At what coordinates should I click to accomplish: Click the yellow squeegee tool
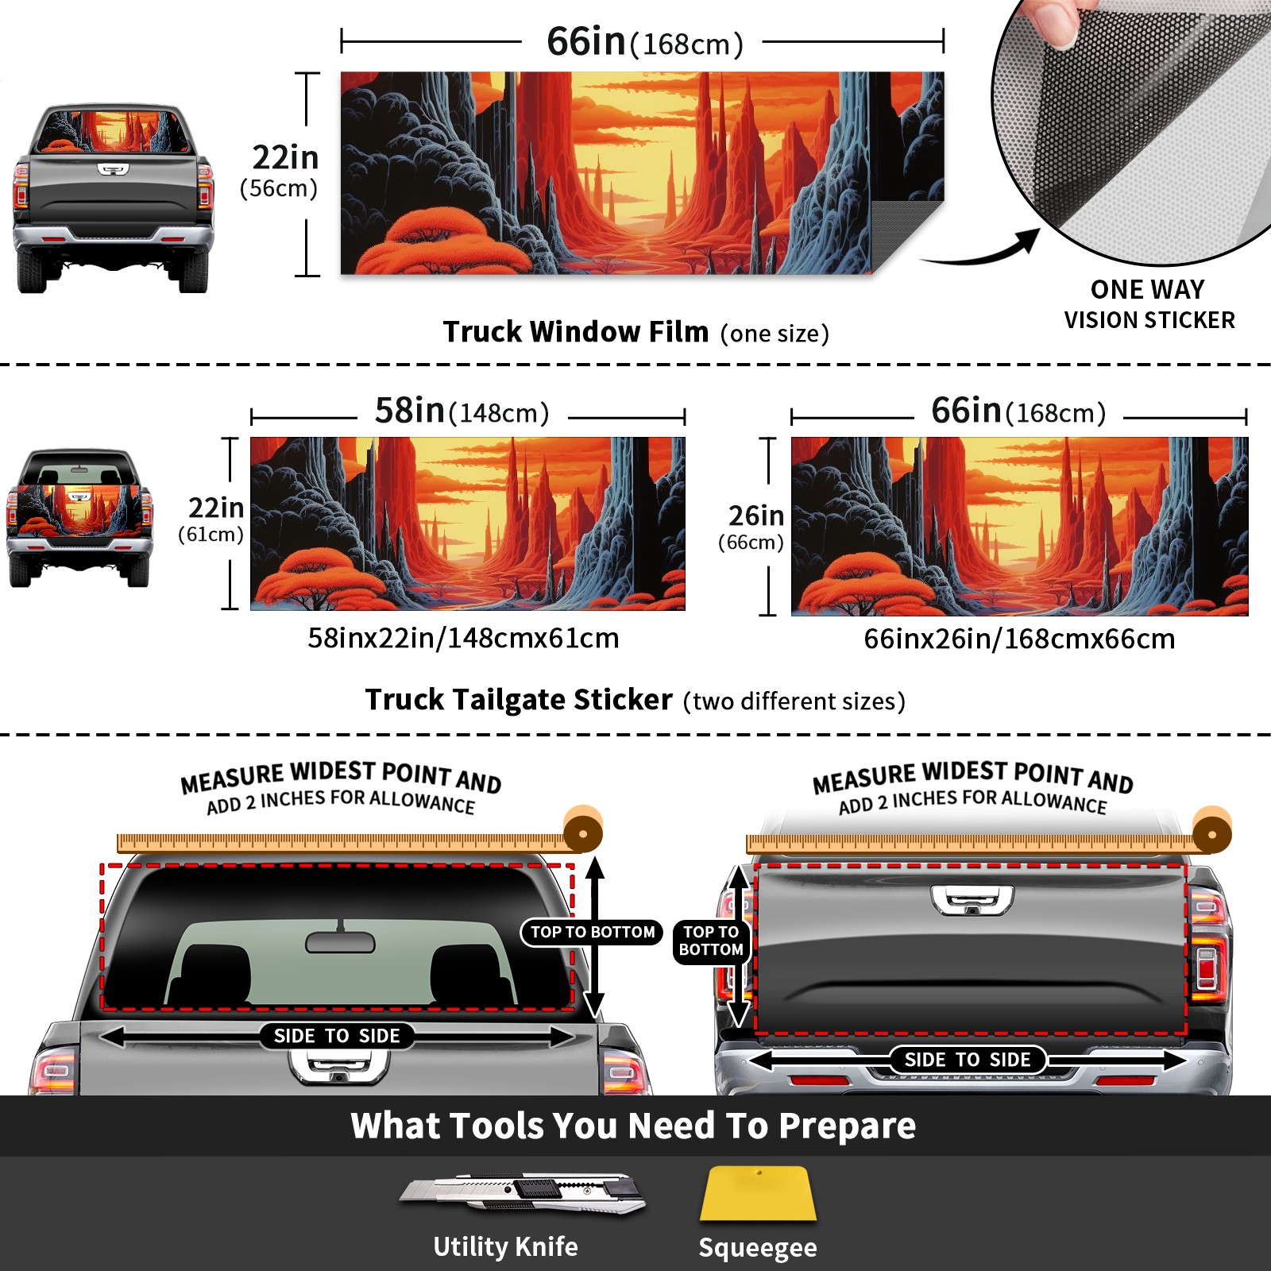click(x=759, y=1194)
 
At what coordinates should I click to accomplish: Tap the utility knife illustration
click(x=523, y=1192)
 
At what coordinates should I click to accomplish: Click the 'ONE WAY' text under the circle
click(x=1148, y=289)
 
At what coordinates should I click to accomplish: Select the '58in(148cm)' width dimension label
click(x=462, y=411)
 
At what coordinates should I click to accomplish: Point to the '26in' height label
click(x=756, y=516)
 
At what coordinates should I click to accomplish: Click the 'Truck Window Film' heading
click(x=576, y=331)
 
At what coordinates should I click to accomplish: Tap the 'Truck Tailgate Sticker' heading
click(x=519, y=700)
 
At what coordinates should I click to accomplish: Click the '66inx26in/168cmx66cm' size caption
click(x=1019, y=639)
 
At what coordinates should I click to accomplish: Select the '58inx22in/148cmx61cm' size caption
click(x=463, y=638)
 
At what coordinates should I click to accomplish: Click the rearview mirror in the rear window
click(x=340, y=942)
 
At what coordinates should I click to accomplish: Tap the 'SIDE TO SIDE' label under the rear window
click(x=337, y=1036)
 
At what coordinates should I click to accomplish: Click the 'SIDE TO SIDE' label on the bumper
click(x=968, y=1060)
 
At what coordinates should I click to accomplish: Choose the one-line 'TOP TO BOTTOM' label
click(x=593, y=932)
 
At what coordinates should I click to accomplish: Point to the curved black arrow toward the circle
click(x=985, y=250)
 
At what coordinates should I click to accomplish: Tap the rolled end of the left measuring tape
click(x=583, y=831)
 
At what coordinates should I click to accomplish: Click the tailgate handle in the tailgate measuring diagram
click(x=972, y=900)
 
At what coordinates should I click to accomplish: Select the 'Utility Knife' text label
click(x=506, y=1246)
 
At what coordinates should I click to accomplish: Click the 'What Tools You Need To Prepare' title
click(x=634, y=1126)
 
